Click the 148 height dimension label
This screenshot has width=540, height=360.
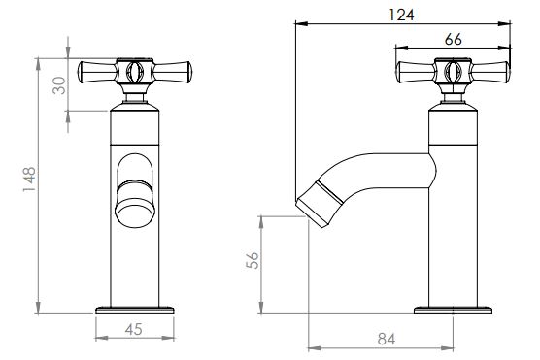tap(29, 180)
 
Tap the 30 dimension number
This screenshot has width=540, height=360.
tap(59, 85)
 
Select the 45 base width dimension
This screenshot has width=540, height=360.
tap(134, 329)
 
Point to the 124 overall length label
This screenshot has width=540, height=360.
tap(401, 15)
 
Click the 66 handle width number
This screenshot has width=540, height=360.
tap(453, 40)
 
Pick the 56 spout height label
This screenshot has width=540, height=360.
tap(253, 260)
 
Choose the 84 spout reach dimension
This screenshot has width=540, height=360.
tap(387, 339)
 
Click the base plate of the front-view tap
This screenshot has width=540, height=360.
tap(135, 311)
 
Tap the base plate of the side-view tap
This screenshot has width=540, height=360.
tap(453, 311)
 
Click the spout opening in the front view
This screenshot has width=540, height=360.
tap(135, 216)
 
